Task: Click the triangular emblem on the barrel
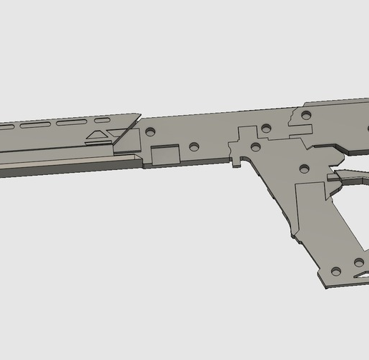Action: (x=95, y=134)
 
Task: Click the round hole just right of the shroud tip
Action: (x=151, y=131)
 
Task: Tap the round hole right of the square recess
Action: (x=193, y=146)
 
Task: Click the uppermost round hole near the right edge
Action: (x=306, y=114)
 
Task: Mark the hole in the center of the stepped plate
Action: (x=255, y=148)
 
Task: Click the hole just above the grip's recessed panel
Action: (x=304, y=169)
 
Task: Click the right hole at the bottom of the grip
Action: (x=359, y=263)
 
